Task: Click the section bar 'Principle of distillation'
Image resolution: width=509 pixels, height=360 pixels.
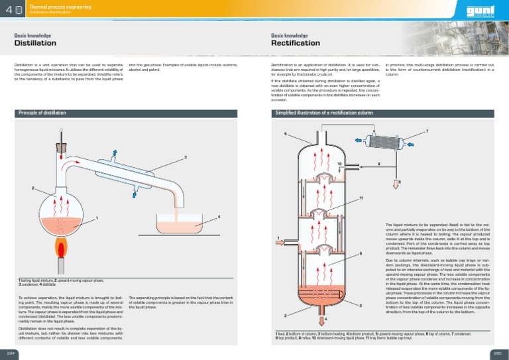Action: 42,113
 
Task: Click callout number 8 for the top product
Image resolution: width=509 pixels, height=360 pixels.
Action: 399,180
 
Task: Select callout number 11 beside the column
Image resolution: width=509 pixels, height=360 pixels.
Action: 361,199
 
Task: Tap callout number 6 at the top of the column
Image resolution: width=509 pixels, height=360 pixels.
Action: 285,135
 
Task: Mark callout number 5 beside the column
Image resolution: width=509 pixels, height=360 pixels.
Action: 361,253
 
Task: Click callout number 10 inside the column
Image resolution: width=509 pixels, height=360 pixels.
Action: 339,163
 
